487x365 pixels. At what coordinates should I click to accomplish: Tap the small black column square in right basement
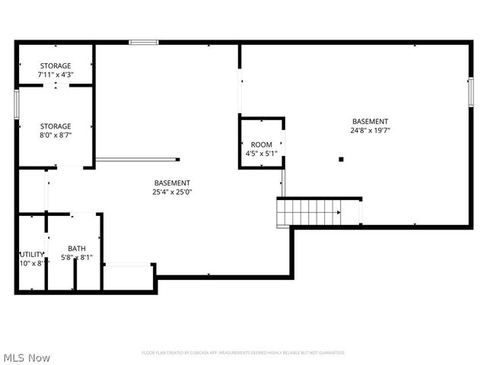tap(342, 159)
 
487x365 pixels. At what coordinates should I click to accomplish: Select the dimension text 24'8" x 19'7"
tap(370, 130)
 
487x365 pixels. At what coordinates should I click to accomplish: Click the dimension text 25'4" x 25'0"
tap(172, 192)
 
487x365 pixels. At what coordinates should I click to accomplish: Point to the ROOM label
tap(261, 144)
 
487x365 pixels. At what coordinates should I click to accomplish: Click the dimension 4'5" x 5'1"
tap(261, 154)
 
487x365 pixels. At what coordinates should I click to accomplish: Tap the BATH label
tap(77, 249)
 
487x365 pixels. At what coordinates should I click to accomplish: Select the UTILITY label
tap(32, 255)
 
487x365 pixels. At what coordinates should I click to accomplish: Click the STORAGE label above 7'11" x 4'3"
tap(56, 66)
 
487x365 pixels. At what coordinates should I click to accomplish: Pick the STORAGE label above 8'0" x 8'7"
tap(56, 126)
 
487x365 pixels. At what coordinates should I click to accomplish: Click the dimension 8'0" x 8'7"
tap(56, 135)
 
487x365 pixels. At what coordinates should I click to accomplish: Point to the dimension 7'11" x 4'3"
tap(56, 75)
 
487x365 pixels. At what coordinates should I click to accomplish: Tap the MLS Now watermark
tap(27, 357)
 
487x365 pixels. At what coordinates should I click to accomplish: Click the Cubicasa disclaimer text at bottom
tap(243, 353)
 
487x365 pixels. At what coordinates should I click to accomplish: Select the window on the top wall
tap(142, 43)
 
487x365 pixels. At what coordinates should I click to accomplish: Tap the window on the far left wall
tap(16, 103)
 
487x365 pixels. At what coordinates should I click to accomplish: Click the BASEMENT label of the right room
tap(370, 122)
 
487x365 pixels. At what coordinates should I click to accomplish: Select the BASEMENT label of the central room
tap(172, 182)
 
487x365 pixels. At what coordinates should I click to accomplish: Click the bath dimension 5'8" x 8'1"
tap(77, 258)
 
